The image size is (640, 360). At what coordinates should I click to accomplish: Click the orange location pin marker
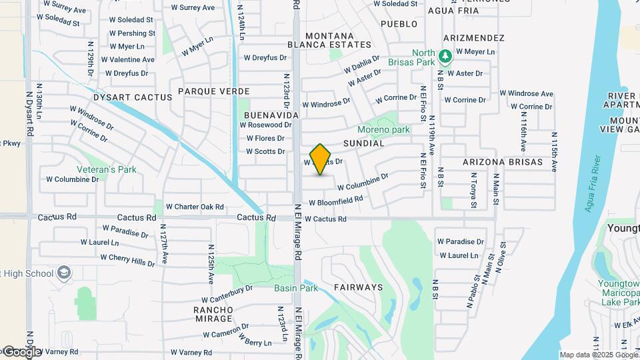tap(321, 159)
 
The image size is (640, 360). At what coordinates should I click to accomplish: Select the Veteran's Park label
tap(107, 169)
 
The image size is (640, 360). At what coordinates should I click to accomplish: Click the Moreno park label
tap(383, 129)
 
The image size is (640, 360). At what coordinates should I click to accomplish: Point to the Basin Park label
tap(296, 288)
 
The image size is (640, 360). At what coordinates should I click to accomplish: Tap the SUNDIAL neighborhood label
tap(364, 143)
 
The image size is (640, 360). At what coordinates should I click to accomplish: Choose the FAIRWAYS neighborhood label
tap(358, 287)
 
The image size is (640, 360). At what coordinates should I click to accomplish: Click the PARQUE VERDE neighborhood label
tap(214, 91)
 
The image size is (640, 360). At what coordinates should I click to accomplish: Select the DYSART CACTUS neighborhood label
tap(132, 97)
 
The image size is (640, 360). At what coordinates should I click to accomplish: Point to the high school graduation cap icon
tap(63, 273)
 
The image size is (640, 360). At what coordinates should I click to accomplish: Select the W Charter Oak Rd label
tap(195, 207)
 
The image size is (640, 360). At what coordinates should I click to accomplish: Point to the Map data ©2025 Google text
tap(597, 355)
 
